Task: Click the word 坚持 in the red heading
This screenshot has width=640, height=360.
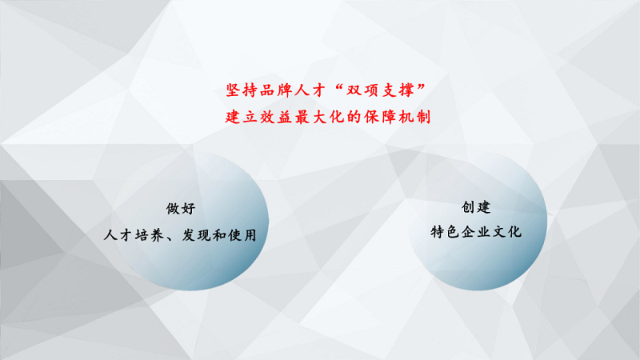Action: pyautogui.click(x=242, y=90)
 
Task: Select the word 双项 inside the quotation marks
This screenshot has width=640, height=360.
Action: pyautogui.click(x=362, y=90)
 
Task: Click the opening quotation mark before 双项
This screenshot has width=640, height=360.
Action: pyautogui.click(x=338, y=87)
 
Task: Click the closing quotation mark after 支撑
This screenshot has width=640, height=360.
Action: pyautogui.click(x=422, y=87)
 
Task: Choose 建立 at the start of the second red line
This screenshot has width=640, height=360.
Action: pyautogui.click(x=242, y=117)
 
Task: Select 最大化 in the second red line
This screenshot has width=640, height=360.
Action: pyautogui.click(x=319, y=117)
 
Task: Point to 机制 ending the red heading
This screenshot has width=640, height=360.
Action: pyautogui.click(x=414, y=117)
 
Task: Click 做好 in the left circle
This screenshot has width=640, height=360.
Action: pyautogui.click(x=181, y=209)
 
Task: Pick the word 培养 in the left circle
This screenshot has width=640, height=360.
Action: pyautogui.click(x=150, y=235)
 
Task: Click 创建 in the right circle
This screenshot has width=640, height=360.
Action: pyautogui.click(x=476, y=207)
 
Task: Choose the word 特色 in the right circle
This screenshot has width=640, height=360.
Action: pyautogui.click(x=445, y=232)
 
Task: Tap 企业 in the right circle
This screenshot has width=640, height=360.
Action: pyautogui.click(x=476, y=232)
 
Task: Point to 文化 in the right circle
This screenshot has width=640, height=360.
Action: pyautogui.click(x=507, y=232)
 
